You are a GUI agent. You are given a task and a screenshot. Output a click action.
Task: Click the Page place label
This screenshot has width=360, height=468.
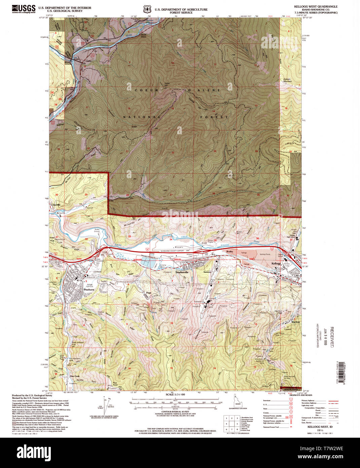148,293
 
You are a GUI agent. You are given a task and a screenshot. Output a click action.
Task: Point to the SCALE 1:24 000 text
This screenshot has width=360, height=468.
176,394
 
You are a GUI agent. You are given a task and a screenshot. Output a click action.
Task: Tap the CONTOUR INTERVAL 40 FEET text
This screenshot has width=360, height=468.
175,412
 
